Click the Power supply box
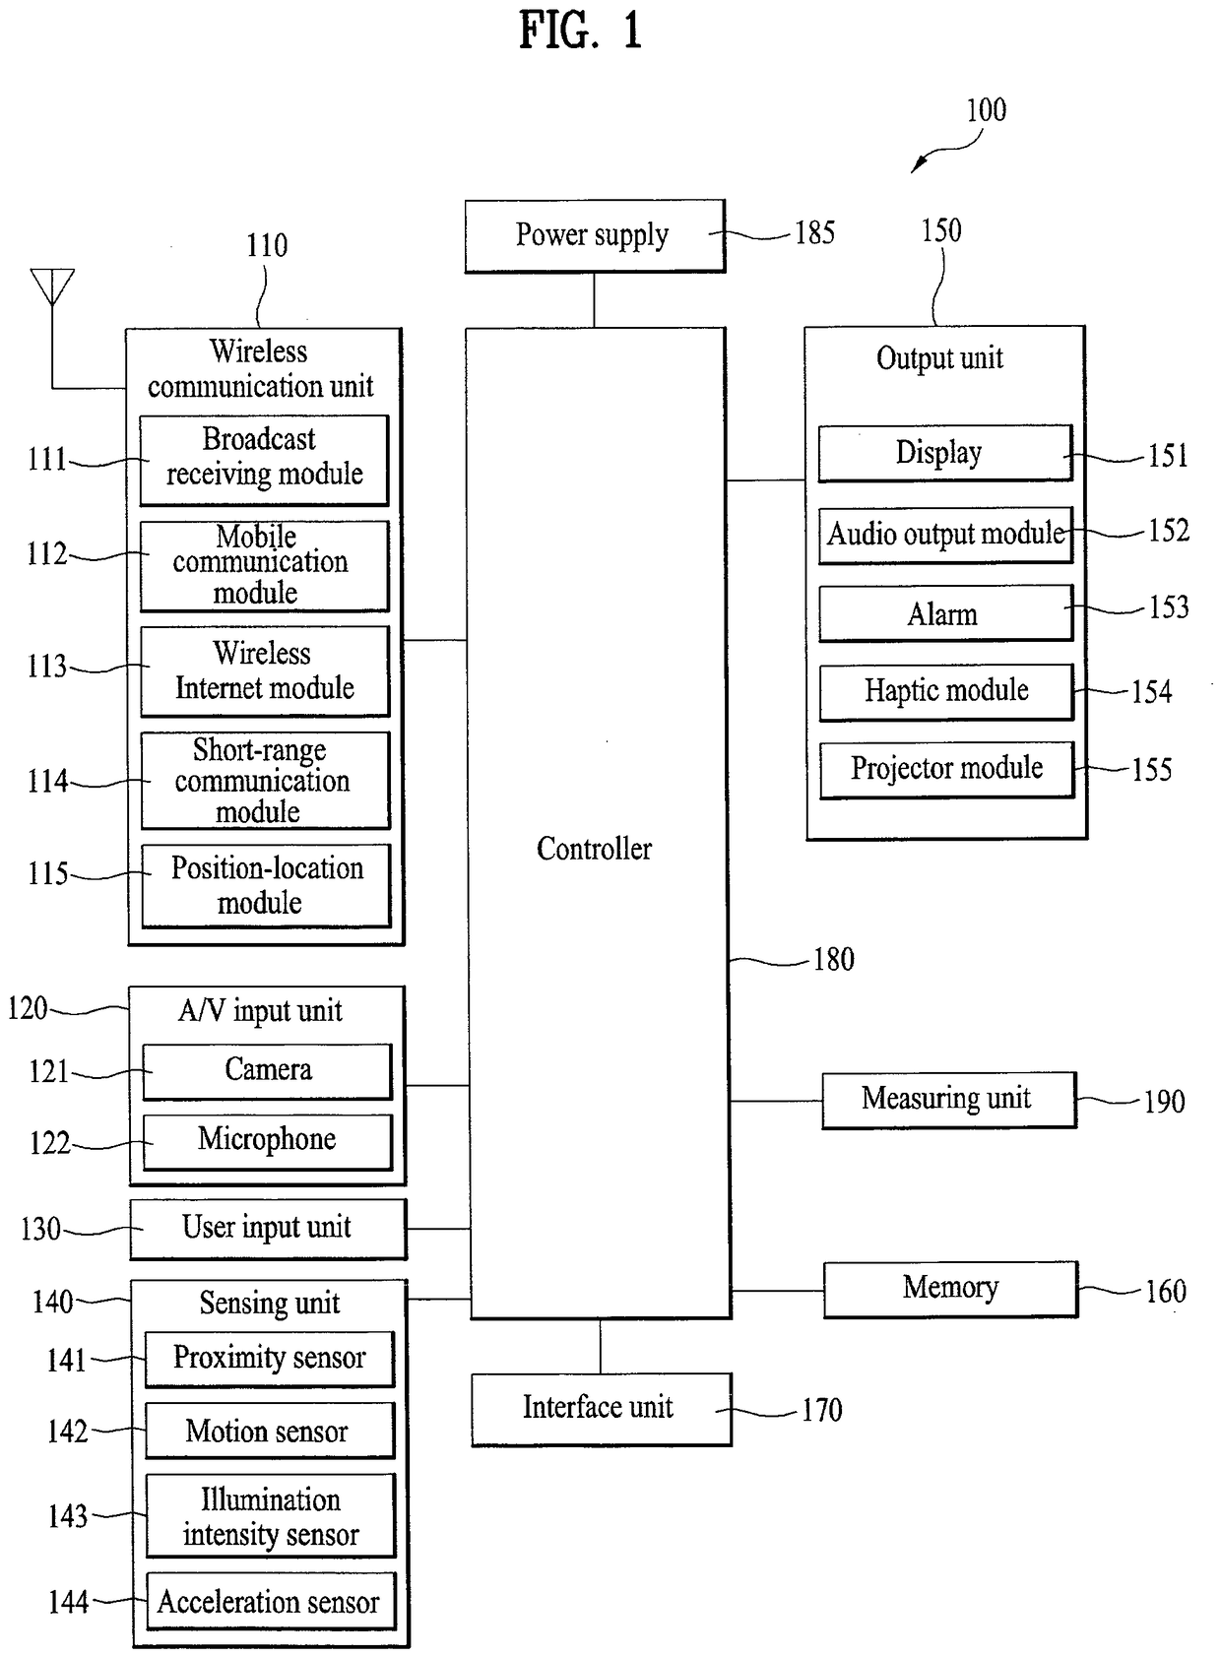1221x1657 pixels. point(595,236)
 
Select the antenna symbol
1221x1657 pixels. point(52,287)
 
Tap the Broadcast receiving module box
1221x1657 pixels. point(264,460)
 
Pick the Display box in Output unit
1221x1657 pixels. point(945,453)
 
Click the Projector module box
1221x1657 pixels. point(947,770)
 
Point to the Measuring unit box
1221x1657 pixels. point(949,1100)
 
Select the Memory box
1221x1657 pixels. point(951,1290)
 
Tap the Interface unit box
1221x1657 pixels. point(602,1409)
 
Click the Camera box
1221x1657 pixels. point(267,1071)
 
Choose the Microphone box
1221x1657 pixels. point(268,1142)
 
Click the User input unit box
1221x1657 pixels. point(269,1229)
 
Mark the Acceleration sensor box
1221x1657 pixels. point(271,1602)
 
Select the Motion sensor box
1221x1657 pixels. point(270,1431)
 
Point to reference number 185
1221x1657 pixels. point(814,233)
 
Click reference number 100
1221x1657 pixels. point(987,110)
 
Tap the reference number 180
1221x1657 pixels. point(834,959)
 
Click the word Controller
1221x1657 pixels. point(594,849)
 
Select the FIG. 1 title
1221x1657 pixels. point(581,31)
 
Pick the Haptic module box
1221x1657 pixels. point(946,692)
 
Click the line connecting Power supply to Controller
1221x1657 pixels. point(594,300)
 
